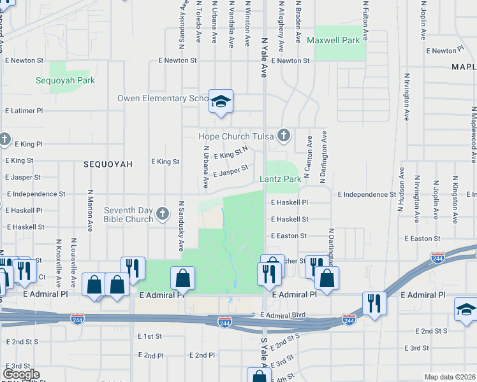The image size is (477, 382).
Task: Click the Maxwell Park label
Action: coord(334,40)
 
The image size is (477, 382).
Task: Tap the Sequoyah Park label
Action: coord(65,81)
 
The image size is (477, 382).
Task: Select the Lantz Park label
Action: coord(280,180)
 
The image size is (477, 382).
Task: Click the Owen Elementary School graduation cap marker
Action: coord(221,101)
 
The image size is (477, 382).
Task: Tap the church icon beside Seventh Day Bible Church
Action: coord(163,213)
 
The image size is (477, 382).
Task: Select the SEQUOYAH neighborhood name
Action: coord(108,164)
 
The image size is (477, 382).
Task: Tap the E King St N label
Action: coord(231,154)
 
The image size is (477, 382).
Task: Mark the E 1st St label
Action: coord(150,336)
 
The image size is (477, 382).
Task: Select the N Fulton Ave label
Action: coord(365,19)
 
